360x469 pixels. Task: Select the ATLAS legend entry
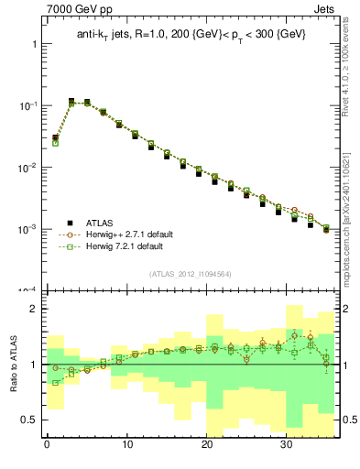point(101,222)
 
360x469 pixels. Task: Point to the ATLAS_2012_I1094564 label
point(191,274)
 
